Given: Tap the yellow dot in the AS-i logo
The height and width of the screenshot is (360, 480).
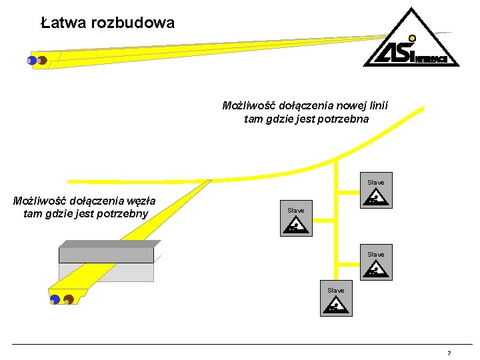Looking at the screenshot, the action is tap(413, 39).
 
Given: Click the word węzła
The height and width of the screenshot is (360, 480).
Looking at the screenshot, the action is tap(139, 200).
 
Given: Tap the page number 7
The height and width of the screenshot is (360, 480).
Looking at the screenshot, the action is tap(449, 353).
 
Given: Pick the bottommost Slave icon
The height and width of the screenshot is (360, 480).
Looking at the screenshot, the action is tap(335, 305).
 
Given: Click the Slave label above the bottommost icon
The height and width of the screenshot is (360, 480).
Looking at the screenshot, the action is tap(336, 291).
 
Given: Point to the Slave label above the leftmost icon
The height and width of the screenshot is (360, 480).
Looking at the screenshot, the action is tap(296, 211).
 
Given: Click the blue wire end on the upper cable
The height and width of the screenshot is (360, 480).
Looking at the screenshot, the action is tap(31, 61).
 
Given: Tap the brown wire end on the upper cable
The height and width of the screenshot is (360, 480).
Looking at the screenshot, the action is tap(41, 61).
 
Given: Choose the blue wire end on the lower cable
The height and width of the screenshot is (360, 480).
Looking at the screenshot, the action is tap(55, 300).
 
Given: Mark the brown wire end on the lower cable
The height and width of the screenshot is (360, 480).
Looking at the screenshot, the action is tap(68, 300).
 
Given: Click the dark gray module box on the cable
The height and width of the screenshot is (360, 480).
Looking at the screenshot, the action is tap(107, 254).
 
